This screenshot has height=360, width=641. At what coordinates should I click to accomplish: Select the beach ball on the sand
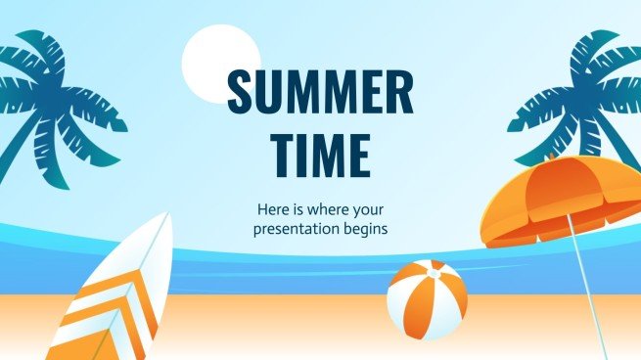click(427, 300)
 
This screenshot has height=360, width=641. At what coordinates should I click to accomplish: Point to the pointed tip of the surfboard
click(168, 216)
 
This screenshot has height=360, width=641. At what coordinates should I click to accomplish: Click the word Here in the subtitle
click(272, 209)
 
